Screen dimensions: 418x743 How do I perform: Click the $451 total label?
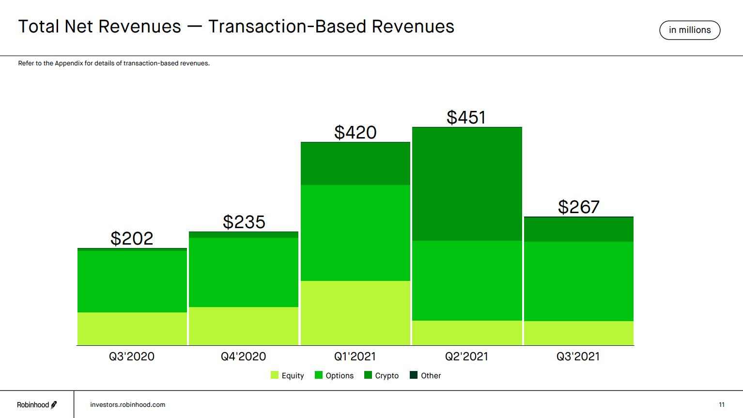[x=466, y=117]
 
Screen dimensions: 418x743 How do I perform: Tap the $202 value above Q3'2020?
[x=132, y=238]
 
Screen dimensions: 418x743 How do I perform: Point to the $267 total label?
[x=579, y=207]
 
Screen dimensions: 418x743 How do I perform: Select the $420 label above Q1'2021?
[x=355, y=132]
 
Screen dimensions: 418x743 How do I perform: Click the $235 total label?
[x=244, y=222]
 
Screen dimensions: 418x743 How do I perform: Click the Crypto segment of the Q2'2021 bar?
[x=467, y=184]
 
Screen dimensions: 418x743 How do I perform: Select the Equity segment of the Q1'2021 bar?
[x=355, y=313]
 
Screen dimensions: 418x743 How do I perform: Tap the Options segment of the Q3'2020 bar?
[x=132, y=281]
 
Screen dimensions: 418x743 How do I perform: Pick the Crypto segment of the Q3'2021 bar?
[x=579, y=229]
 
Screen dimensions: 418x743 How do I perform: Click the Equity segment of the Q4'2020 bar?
[x=244, y=326]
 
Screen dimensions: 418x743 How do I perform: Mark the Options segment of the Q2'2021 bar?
[x=467, y=280]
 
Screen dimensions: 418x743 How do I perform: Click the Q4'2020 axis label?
[x=243, y=356]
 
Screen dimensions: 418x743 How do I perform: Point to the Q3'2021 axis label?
[x=578, y=356]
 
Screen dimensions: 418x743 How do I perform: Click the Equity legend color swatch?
[x=275, y=375]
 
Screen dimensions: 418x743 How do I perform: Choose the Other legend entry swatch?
[x=414, y=375]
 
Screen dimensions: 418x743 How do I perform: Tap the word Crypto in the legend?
[x=387, y=376]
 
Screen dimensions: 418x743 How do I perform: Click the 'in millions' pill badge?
[x=690, y=30]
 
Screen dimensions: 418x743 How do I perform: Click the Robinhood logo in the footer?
[x=37, y=404]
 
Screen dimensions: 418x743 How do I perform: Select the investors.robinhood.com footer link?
[x=127, y=404]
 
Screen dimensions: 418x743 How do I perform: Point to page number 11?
[x=722, y=404]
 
